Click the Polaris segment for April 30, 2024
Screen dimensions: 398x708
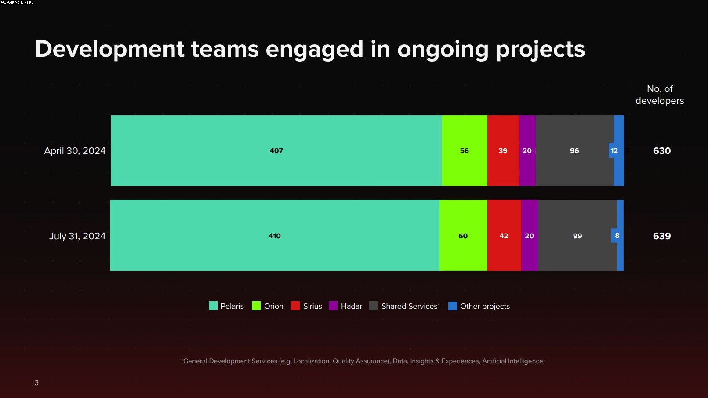tap(276, 150)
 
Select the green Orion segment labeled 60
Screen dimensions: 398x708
tap(463, 236)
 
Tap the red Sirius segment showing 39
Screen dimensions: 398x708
tap(503, 150)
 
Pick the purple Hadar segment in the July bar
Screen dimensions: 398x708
tap(529, 236)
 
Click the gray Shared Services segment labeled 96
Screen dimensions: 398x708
tap(574, 150)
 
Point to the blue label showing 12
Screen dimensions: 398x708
tap(614, 150)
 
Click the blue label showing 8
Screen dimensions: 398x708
tap(617, 236)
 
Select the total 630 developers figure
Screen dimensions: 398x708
tap(661, 150)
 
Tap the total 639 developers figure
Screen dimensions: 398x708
tap(661, 236)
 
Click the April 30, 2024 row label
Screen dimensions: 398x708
tap(75, 150)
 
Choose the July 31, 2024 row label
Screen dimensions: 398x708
tap(77, 236)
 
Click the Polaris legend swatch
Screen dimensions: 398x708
tap(213, 306)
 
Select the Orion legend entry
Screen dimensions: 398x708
tap(268, 306)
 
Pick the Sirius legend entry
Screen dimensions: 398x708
tap(307, 306)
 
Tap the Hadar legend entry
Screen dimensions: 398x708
tap(346, 306)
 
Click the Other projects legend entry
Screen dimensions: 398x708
tap(479, 306)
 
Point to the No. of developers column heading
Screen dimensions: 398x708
tap(659, 95)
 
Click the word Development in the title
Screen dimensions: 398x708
tap(110, 49)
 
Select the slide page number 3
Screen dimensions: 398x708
tap(36, 383)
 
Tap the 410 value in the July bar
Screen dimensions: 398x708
tap(275, 236)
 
